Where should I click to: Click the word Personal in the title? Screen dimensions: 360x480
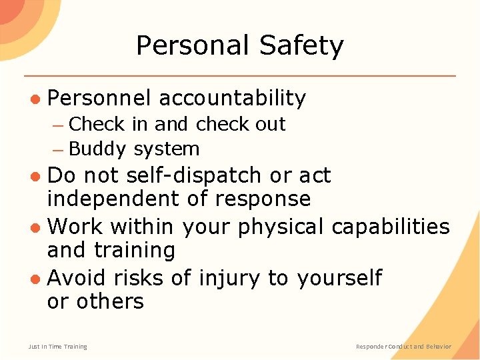click(x=192, y=46)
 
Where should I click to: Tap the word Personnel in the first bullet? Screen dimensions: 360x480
click(x=99, y=98)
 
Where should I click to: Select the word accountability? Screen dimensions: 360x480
click(x=232, y=98)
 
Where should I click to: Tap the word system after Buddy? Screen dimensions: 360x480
click(x=167, y=150)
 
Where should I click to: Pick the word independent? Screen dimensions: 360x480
click(x=108, y=199)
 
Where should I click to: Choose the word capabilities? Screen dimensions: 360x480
click(x=391, y=226)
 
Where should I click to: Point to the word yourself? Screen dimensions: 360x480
click(x=339, y=277)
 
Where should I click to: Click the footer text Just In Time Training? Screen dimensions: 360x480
click(x=58, y=347)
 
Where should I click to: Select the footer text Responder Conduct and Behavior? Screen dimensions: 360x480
click(x=403, y=347)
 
